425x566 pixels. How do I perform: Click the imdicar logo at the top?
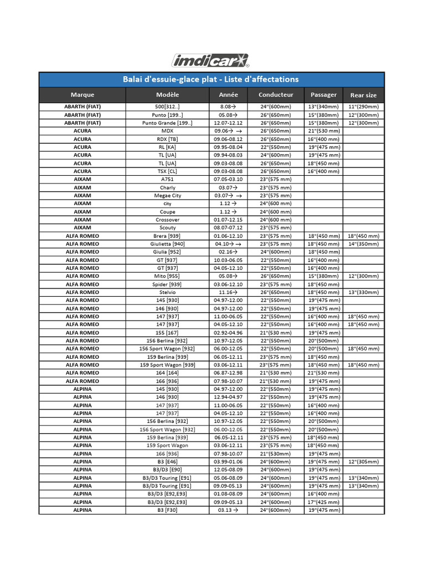pyautogui.click(x=211, y=60)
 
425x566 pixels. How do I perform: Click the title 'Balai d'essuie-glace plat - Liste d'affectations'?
pyautogui.click(x=211, y=80)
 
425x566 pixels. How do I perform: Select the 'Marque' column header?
pyautogui.click(x=82, y=95)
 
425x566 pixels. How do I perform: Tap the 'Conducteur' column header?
pyautogui.click(x=276, y=95)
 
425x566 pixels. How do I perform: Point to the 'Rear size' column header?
pyautogui.click(x=363, y=95)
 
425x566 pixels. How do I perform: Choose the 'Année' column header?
pyautogui.click(x=228, y=95)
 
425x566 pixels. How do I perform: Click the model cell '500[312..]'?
pyautogui.click(x=167, y=107)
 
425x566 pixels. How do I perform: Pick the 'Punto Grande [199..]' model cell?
pyautogui.click(x=167, y=123)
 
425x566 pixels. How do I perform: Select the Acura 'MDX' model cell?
pyautogui.click(x=167, y=131)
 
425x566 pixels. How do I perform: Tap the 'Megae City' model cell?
pyautogui.click(x=167, y=196)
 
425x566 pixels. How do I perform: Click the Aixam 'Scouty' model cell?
pyautogui.click(x=167, y=228)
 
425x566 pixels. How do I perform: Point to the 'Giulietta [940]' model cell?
pyautogui.click(x=167, y=244)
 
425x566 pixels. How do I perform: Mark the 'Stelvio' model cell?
pyautogui.click(x=167, y=292)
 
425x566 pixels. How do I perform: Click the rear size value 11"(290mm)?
pyautogui.click(x=363, y=107)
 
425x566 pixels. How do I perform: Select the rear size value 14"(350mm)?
pyautogui.click(x=363, y=244)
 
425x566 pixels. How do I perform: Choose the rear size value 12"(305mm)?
pyautogui.click(x=363, y=462)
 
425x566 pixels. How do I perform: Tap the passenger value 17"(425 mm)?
pyautogui.click(x=324, y=502)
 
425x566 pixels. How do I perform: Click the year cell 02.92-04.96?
pyautogui.click(x=228, y=333)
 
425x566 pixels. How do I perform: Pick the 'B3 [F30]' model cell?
pyautogui.click(x=167, y=511)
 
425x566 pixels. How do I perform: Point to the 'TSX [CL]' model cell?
pyautogui.click(x=167, y=171)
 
